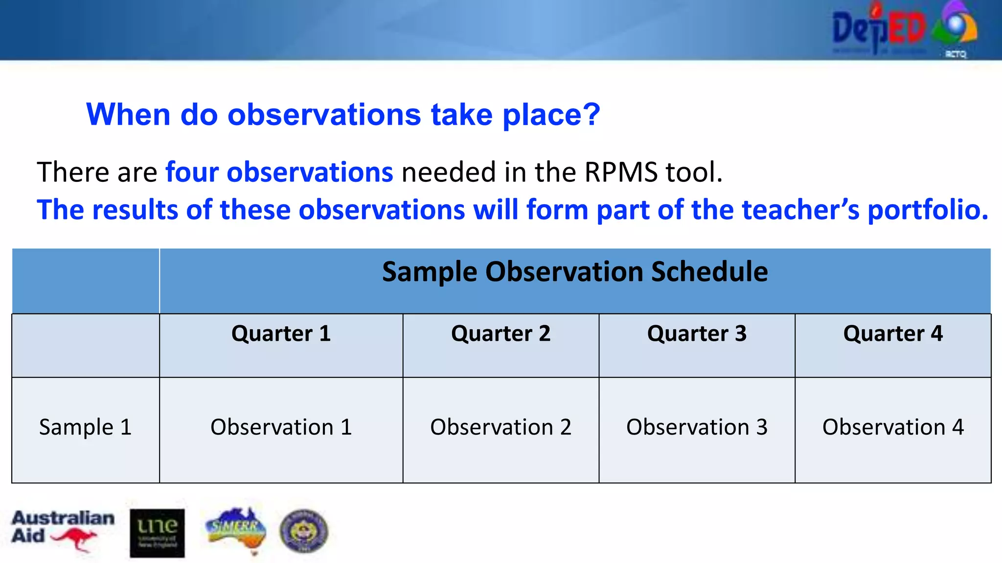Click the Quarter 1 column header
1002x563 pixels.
[281, 334]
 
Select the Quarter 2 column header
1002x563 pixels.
[501, 334]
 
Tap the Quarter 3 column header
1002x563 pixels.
[697, 334]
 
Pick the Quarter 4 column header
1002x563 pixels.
[893, 334]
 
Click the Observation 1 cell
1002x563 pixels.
[281, 427]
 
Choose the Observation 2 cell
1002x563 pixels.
[501, 427]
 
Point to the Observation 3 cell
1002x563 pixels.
[697, 427]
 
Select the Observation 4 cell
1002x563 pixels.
[893, 427]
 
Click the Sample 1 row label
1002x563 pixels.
[85, 427]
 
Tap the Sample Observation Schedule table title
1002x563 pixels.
[574, 272]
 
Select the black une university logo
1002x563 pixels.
[157, 533]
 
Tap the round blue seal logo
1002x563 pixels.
[304, 531]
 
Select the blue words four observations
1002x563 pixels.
[279, 172]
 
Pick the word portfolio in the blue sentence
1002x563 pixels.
[927, 210]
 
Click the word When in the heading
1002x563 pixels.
[128, 115]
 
